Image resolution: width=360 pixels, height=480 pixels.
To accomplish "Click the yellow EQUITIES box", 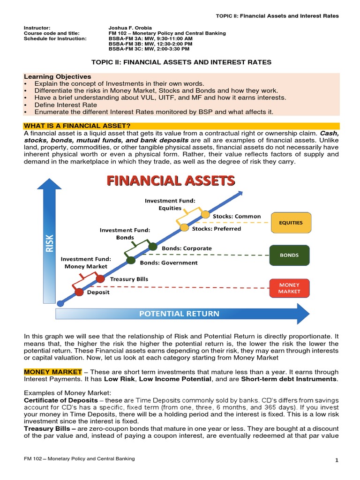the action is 291,223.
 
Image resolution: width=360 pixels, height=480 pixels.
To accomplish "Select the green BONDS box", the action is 289,255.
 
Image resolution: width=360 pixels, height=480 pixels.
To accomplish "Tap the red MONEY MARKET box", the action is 289,288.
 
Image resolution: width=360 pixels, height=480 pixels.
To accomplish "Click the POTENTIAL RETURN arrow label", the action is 179,314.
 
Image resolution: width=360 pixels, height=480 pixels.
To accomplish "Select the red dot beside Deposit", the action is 79,292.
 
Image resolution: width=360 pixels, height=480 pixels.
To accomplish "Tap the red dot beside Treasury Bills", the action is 100,278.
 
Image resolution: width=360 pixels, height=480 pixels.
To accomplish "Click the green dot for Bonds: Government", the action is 131,261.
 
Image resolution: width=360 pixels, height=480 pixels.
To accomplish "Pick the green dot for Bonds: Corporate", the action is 153,246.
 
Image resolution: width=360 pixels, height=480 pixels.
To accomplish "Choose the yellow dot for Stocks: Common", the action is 205,215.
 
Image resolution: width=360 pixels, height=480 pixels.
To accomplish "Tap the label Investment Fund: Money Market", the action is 86,262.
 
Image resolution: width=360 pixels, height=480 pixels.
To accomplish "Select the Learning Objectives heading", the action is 58,76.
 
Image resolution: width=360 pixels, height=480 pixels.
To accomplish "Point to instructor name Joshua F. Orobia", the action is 130,28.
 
